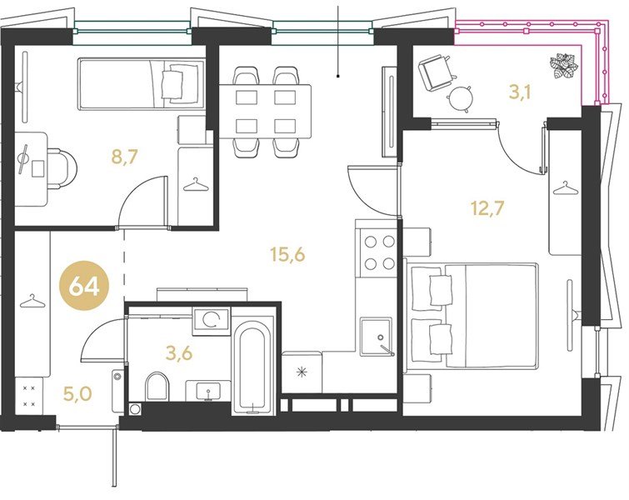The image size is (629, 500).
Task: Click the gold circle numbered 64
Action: (84, 287)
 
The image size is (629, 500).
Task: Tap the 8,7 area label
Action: (125, 157)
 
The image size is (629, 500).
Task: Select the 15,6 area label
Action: (288, 254)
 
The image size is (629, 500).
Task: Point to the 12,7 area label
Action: (487, 208)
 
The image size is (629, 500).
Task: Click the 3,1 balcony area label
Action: (520, 92)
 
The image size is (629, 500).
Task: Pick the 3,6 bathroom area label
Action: (179, 353)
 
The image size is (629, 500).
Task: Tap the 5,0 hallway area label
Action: (77, 393)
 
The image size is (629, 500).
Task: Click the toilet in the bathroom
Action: (157, 387)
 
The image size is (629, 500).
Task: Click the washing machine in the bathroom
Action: (212, 321)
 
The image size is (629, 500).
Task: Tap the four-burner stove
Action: (378, 252)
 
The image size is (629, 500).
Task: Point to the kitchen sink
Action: (377, 337)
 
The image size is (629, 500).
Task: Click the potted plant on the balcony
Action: (564, 65)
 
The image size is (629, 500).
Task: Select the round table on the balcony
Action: (460, 97)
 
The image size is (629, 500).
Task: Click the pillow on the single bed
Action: (173, 83)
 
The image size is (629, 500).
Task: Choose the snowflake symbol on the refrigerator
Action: (302, 372)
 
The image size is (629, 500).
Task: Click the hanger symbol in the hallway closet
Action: (32, 301)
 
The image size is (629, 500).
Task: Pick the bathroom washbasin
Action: (207, 391)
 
